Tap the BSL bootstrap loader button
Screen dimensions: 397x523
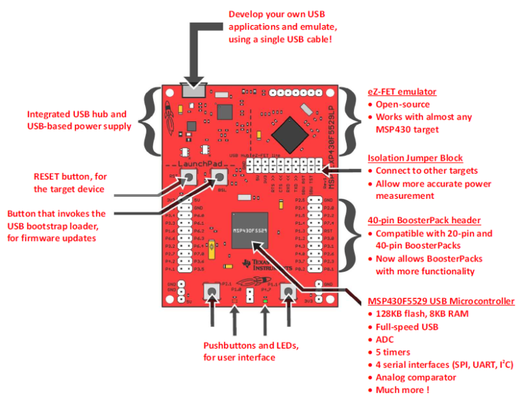pyautogui.click(x=220, y=179)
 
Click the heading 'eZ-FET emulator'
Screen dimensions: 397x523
pyautogui.click(x=402, y=92)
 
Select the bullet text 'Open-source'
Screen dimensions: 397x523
pyautogui.click(x=402, y=105)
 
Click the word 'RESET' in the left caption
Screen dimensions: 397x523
pyautogui.click(x=50, y=176)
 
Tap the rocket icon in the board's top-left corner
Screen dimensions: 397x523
pyautogui.click(x=173, y=112)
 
